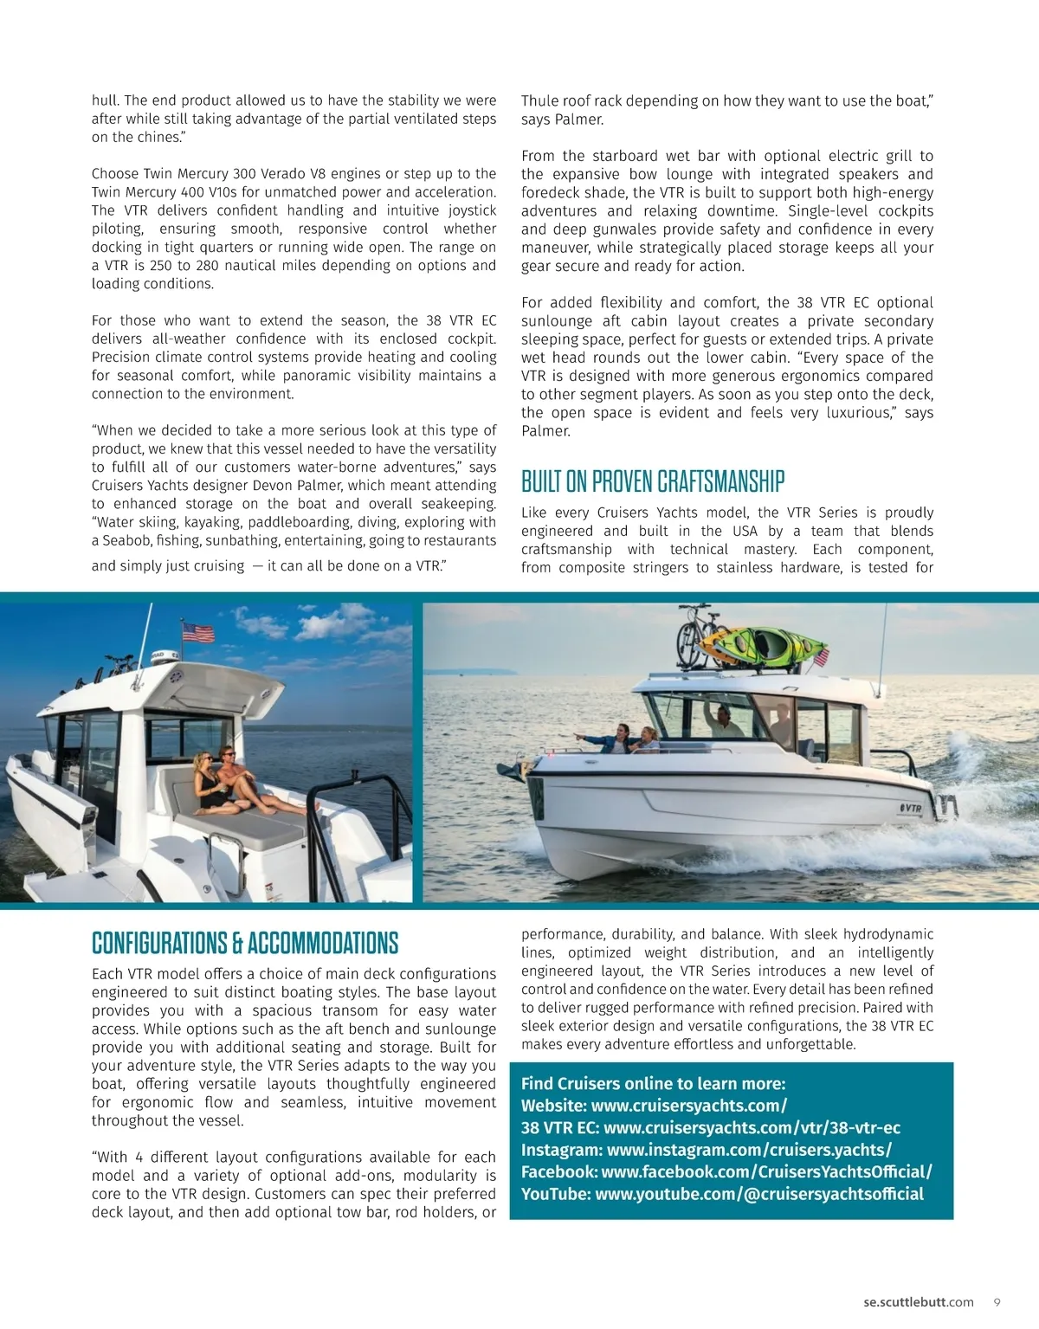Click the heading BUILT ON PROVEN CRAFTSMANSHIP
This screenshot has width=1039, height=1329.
point(653,481)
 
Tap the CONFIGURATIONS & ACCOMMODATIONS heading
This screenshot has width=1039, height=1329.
point(245,943)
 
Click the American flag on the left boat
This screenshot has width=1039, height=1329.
point(198,632)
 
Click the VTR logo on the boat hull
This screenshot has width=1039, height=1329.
point(910,808)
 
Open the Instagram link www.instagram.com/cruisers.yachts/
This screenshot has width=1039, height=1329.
point(749,1150)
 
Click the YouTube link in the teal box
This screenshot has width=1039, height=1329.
point(759,1194)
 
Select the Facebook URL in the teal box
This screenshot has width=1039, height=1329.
point(766,1171)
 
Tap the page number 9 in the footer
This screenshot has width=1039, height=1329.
point(997,1302)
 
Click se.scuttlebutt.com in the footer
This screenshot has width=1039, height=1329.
point(918,1302)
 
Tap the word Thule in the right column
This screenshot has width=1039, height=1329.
point(540,100)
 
